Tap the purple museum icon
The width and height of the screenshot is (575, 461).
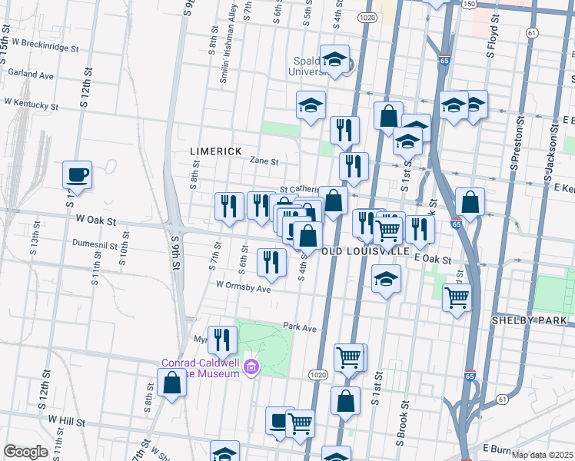click(250, 369)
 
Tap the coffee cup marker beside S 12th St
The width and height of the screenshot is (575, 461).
click(77, 176)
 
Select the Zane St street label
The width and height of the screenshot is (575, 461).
click(264, 161)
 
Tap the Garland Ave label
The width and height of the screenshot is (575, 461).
click(30, 76)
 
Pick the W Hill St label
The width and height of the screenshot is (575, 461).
click(67, 420)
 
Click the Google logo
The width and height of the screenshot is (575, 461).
click(25, 452)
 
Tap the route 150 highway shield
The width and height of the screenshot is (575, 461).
click(469, 5)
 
